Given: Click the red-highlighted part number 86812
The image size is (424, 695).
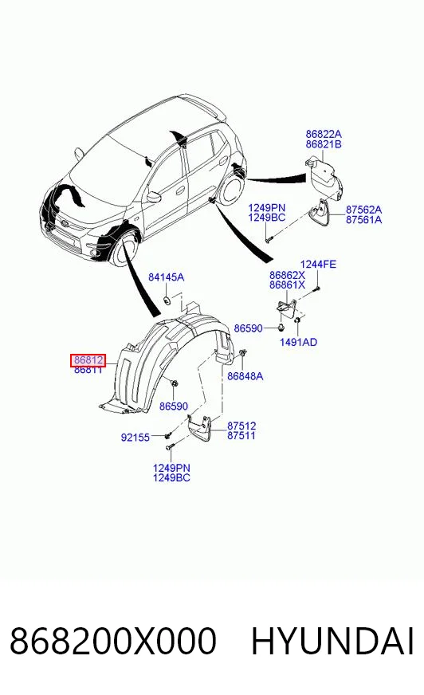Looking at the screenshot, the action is pyautogui.click(x=88, y=360).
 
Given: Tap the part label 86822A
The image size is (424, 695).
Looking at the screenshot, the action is pyautogui.click(x=324, y=134).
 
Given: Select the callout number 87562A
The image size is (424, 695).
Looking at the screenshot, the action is pyautogui.click(x=363, y=210).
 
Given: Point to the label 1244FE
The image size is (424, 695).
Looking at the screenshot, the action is pyautogui.click(x=318, y=264).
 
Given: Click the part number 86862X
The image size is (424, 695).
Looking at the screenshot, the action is pyautogui.click(x=287, y=275).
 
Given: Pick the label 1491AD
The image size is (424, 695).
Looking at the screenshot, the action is pyautogui.click(x=299, y=342).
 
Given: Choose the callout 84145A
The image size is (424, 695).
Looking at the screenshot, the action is pyautogui.click(x=166, y=277).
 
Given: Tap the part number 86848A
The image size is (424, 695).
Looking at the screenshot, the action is pyautogui.click(x=245, y=376).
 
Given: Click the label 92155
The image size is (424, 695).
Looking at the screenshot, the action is pyautogui.click(x=135, y=438).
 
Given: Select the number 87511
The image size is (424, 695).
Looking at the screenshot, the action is pyautogui.click(x=241, y=435).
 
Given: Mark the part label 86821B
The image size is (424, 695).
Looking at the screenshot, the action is pyautogui.click(x=324, y=144).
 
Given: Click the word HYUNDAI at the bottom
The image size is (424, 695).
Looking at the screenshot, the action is pyautogui.click(x=332, y=641).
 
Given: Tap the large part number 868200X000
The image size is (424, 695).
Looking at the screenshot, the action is pyautogui.click(x=113, y=641).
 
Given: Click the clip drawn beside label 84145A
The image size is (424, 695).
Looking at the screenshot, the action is pyautogui.click(x=167, y=300).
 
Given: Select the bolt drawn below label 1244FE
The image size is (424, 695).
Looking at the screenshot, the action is pyautogui.click(x=316, y=289).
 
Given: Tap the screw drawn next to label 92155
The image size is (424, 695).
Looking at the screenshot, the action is pyautogui.click(x=168, y=436).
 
